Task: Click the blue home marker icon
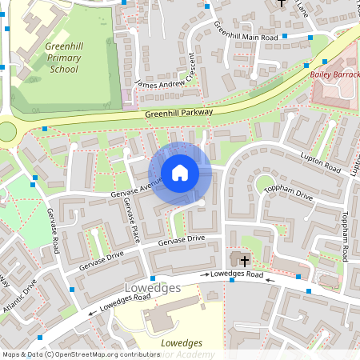(x=180, y=173)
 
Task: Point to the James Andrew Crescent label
(x=167, y=73)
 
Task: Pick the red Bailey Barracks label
(x=335, y=74)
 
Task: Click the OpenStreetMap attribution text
(x=81, y=354)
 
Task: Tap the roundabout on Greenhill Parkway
(x=6, y=130)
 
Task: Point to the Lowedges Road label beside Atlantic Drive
(x=120, y=303)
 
